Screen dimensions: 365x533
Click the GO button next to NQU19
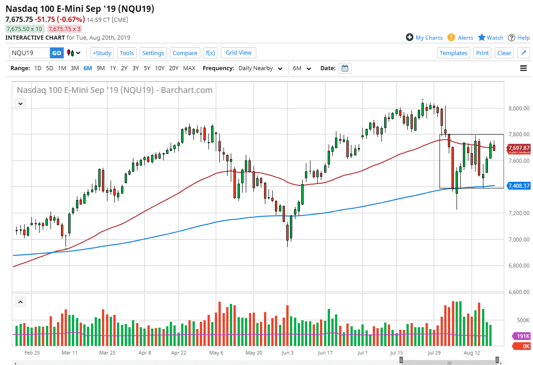pos(56,53)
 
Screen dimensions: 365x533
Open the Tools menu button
pos(127,53)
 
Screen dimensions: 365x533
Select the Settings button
pos(153,53)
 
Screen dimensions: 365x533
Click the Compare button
pos(185,53)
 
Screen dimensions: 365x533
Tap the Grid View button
pos(239,52)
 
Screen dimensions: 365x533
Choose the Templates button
pos(453,53)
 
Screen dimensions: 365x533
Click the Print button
pos(482,53)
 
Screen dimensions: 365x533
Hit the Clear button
pos(504,53)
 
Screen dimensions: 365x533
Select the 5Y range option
pos(147,68)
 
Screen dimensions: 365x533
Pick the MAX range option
pos(189,68)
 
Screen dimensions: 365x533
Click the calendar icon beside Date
pos(345,68)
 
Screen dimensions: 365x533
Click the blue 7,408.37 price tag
pos(518,186)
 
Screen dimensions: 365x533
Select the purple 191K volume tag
pos(523,336)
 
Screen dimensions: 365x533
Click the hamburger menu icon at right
pos(523,68)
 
